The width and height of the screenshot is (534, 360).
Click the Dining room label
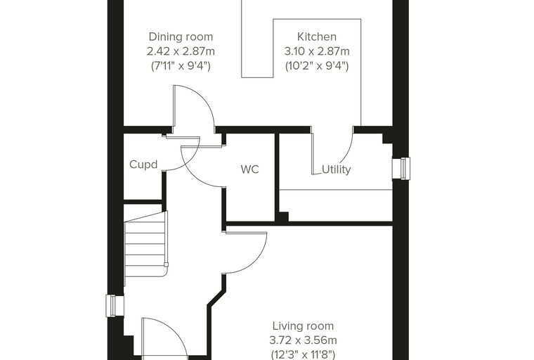(x=181, y=37)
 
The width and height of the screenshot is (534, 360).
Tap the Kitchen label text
(x=317, y=37)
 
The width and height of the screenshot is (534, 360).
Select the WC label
(x=249, y=169)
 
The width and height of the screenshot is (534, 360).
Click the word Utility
(x=336, y=169)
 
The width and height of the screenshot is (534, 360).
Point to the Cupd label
(x=143, y=165)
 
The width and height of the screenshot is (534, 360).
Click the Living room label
(x=303, y=326)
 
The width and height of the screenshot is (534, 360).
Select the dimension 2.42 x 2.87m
(x=181, y=51)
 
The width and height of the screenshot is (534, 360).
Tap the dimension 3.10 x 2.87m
(x=317, y=51)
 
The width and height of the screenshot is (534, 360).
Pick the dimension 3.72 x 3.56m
(x=303, y=340)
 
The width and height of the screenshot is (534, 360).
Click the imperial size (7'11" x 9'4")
(x=181, y=65)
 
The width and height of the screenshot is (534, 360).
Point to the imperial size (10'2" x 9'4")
(x=317, y=65)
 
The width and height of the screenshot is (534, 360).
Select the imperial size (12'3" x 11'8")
(x=303, y=354)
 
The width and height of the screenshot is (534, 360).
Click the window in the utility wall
(x=401, y=168)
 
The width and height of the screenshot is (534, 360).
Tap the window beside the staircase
(x=115, y=306)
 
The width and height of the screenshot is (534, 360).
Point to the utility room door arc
(x=348, y=152)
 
